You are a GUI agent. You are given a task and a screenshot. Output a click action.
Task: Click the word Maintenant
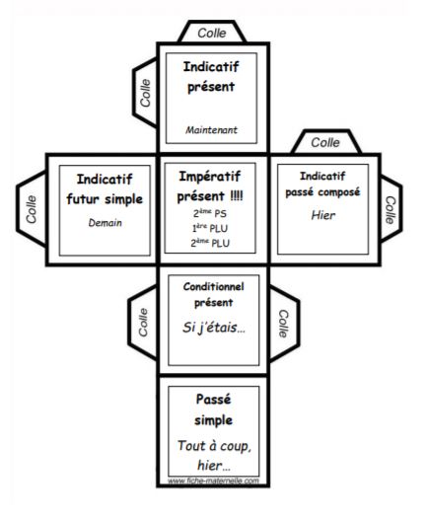[211, 130]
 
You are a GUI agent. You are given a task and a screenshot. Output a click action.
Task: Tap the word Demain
[106, 223]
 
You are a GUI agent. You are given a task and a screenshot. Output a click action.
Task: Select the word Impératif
[209, 177]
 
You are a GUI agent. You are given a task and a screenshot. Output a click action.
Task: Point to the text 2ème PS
[210, 213]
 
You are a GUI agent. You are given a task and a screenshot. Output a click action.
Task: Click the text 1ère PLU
[210, 228]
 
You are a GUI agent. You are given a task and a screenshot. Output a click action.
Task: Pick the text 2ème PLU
[210, 243]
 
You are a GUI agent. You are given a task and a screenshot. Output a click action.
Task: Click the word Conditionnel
[213, 286]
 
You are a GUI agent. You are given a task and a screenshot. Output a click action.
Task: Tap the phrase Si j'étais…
[214, 328]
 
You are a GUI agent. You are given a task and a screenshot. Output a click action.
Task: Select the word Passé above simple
[213, 399]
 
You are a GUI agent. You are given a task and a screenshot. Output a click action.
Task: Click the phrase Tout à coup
[214, 446]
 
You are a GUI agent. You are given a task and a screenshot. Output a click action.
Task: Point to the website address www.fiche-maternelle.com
[213, 481]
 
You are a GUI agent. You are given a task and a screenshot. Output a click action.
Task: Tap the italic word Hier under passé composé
[323, 215]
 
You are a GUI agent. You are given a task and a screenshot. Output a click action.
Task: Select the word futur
[83, 199]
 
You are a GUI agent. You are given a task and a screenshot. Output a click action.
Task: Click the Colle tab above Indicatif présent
[212, 33]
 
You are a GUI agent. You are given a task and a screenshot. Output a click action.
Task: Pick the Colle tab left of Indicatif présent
[145, 93]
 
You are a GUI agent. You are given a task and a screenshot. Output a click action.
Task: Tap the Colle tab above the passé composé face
[325, 142]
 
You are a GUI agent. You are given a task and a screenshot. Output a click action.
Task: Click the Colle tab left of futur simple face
[32, 209]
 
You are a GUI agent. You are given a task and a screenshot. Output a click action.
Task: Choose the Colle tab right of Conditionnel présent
[284, 324]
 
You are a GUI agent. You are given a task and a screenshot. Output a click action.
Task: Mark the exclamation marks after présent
[237, 196]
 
